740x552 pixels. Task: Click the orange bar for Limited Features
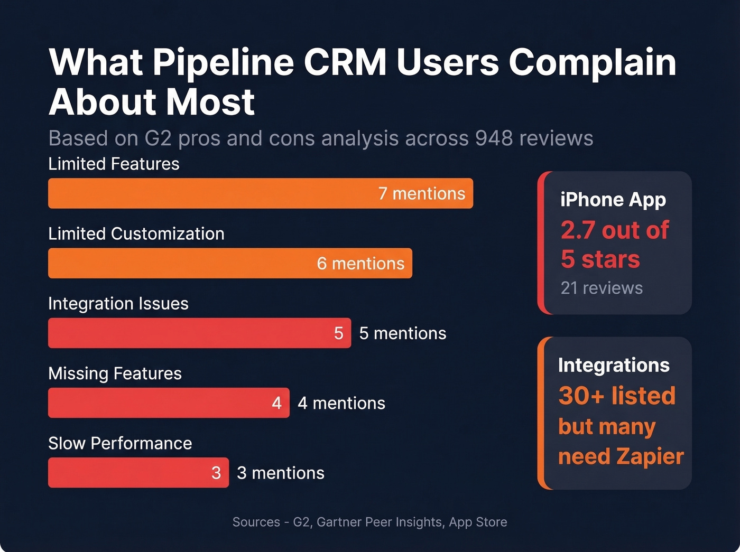[x=211, y=193]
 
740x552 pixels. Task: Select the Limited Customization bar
[x=180, y=263]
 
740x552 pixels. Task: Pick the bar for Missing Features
[x=159, y=403]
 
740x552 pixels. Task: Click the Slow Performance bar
[x=127, y=472]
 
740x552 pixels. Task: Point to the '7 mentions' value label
[x=421, y=193]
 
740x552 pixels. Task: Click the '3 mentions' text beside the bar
[x=280, y=473]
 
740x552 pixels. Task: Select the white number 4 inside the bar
[x=276, y=403]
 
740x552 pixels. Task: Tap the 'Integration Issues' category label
[x=118, y=304]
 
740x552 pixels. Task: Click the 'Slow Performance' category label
[x=120, y=443]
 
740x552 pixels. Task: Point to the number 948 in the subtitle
[x=494, y=138]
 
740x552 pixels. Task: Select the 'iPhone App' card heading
[x=613, y=200]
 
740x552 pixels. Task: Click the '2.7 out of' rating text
[x=614, y=230]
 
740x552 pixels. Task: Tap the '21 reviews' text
[x=602, y=288]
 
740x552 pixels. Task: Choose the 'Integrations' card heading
[x=614, y=365]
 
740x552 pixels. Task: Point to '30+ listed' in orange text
[x=617, y=396]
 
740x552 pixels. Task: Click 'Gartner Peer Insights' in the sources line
[x=379, y=522]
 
